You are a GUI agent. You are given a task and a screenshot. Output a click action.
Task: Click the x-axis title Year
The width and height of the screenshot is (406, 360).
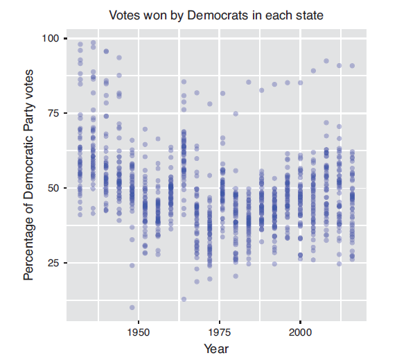216,348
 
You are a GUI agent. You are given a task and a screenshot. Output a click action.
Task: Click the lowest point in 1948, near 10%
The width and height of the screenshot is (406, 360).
132,307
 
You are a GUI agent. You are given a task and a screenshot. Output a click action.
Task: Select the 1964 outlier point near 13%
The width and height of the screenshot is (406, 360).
184,299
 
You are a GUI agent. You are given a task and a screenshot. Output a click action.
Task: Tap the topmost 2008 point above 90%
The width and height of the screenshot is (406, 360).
326,61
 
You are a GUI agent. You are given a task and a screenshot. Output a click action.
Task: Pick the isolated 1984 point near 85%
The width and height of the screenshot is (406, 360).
249,82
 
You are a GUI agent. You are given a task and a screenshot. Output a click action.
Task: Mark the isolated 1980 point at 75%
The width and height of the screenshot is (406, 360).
236,114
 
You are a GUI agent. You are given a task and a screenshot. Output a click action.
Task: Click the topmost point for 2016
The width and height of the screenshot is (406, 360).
352,66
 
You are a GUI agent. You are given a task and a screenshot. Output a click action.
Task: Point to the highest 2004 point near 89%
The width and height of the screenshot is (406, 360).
313,71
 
